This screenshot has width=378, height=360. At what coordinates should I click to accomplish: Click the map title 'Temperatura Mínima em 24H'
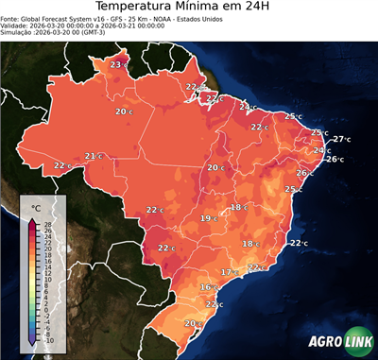click(189, 10)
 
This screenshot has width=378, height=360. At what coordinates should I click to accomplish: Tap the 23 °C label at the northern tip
click(117, 64)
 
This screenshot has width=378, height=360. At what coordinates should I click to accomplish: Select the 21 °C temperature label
click(93, 156)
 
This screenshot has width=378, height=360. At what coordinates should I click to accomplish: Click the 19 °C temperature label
click(208, 218)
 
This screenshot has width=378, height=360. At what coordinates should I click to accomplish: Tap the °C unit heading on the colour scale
click(35, 207)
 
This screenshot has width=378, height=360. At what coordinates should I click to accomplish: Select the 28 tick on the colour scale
click(47, 223)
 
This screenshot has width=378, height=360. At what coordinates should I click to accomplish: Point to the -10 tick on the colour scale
click(47, 340)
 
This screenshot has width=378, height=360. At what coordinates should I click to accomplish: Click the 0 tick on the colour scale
click(47, 309)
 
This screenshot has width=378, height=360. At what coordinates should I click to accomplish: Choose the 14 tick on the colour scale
click(47, 266)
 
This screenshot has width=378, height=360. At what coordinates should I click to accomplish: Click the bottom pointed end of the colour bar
click(32, 342)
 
